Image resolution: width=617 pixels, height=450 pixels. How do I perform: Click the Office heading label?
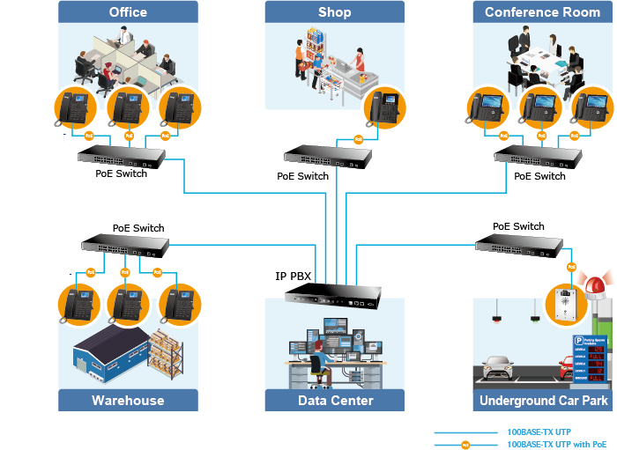tap(128, 12)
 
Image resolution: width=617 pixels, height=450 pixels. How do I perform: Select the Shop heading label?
tap(335, 12)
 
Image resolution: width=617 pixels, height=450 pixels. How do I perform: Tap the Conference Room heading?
tap(542, 12)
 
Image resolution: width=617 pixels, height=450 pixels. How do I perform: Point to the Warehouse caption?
tap(128, 401)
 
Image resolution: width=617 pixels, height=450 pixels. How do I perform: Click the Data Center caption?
tap(335, 401)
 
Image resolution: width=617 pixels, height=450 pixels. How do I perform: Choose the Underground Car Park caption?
tap(543, 401)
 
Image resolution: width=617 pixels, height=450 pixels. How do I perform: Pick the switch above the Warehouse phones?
tap(124, 247)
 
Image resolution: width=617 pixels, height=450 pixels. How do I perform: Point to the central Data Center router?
tap(333, 295)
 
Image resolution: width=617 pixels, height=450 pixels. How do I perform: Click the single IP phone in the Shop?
tap(385, 107)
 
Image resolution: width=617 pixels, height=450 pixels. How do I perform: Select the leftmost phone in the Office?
tap(75, 107)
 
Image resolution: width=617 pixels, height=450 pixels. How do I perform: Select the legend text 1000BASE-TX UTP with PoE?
tap(557, 444)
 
